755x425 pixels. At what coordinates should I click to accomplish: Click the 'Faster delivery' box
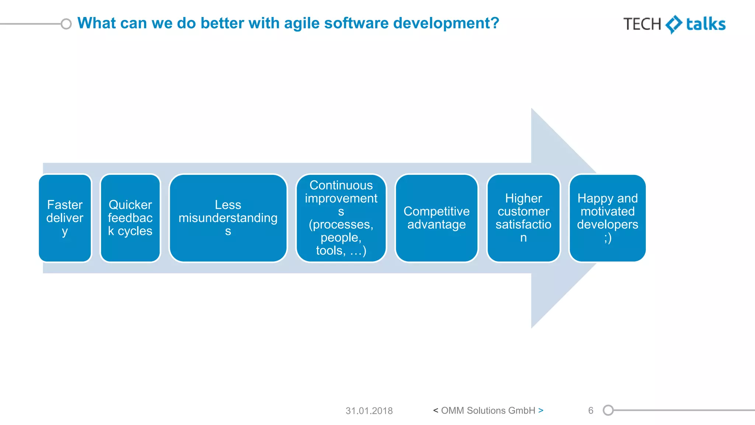click(65, 218)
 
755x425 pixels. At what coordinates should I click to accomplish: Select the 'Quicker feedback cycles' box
click(130, 218)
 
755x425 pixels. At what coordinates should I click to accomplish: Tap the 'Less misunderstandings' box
click(228, 218)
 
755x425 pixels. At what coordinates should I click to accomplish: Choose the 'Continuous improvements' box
click(341, 218)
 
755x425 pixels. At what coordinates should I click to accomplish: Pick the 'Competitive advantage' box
click(436, 218)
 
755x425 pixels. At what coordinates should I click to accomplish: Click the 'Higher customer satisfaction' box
click(523, 218)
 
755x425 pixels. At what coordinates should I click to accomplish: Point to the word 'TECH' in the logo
click(642, 24)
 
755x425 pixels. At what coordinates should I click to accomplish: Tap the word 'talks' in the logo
click(706, 24)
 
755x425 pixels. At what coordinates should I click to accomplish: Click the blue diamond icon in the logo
click(674, 24)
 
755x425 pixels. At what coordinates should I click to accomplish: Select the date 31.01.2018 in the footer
click(369, 411)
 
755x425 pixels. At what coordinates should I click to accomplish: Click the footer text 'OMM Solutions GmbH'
click(488, 411)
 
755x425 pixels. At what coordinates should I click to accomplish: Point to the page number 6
click(591, 411)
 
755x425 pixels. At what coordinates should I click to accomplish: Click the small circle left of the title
click(66, 24)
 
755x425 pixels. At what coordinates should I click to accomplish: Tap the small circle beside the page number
click(608, 410)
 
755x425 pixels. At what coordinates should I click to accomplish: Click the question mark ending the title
click(495, 23)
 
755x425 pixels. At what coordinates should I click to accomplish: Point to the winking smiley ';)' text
click(608, 238)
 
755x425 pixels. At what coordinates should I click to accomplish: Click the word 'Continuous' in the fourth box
click(341, 185)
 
